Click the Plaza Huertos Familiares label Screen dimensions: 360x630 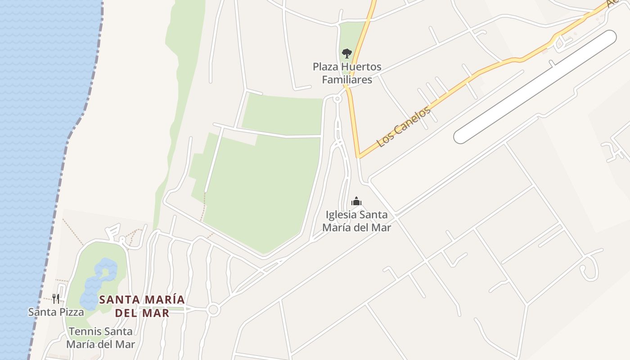347,73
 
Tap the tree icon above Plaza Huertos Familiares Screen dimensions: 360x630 346,54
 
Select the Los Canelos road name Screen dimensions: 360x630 404,127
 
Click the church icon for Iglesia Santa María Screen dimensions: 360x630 356,201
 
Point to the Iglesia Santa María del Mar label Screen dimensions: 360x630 356,221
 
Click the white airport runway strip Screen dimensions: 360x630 535,87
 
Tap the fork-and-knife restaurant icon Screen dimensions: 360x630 56,298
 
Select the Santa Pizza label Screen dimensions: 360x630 56,312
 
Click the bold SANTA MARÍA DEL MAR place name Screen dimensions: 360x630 142,306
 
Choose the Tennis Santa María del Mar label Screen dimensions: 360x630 101,338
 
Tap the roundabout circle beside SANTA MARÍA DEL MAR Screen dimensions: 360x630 213,310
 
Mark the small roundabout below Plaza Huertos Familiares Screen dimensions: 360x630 337,99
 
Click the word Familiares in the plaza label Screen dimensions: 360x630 347,80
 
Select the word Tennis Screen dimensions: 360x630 84,332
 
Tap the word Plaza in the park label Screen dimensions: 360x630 325,67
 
